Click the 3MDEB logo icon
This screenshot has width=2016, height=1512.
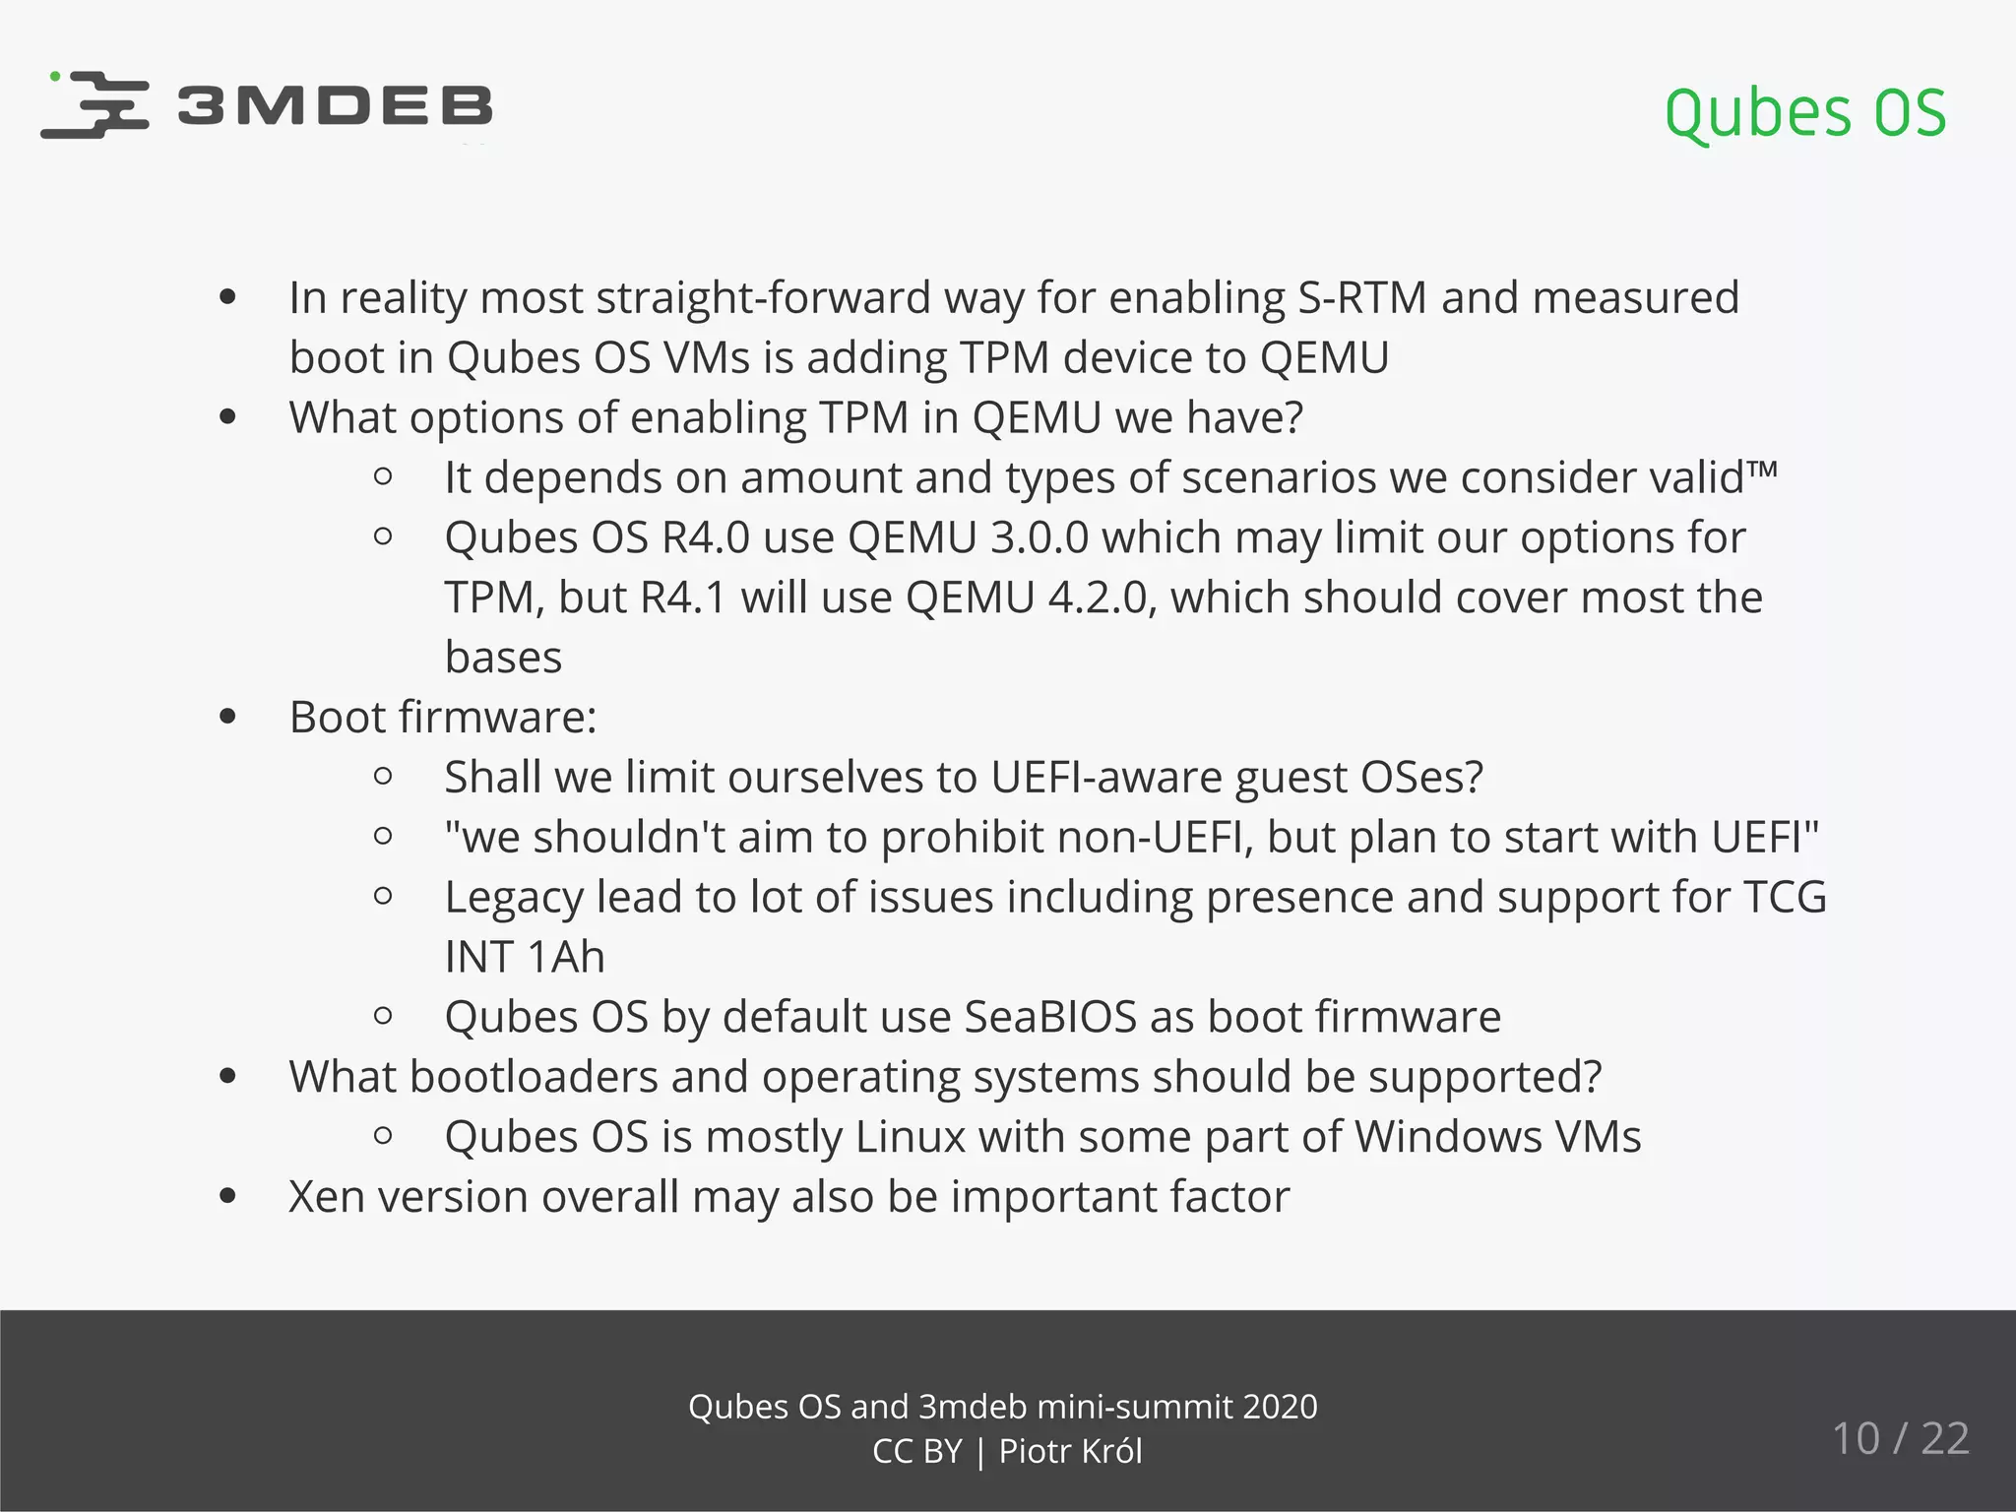[95, 104]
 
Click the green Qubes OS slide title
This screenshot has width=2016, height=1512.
[1804, 113]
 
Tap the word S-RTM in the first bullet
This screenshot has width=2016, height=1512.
[1361, 297]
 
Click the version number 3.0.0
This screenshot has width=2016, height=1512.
[1039, 537]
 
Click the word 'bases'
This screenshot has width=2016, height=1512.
[503, 658]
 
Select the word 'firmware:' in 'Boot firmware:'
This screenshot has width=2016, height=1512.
[497, 717]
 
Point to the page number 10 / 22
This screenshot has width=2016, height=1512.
[1900, 1438]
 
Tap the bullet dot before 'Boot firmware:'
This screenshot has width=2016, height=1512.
[228, 717]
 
